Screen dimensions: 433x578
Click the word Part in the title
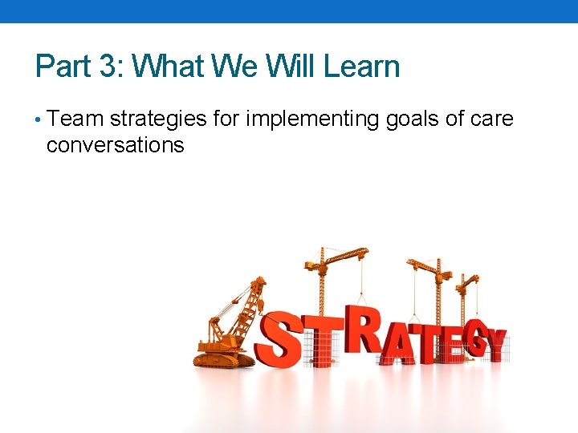(x=62, y=66)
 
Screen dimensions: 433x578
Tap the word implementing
(x=313, y=119)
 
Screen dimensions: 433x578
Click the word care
(x=490, y=119)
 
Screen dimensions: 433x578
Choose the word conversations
(x=116, y=145)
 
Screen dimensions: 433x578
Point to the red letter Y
(x=495, y=345)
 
